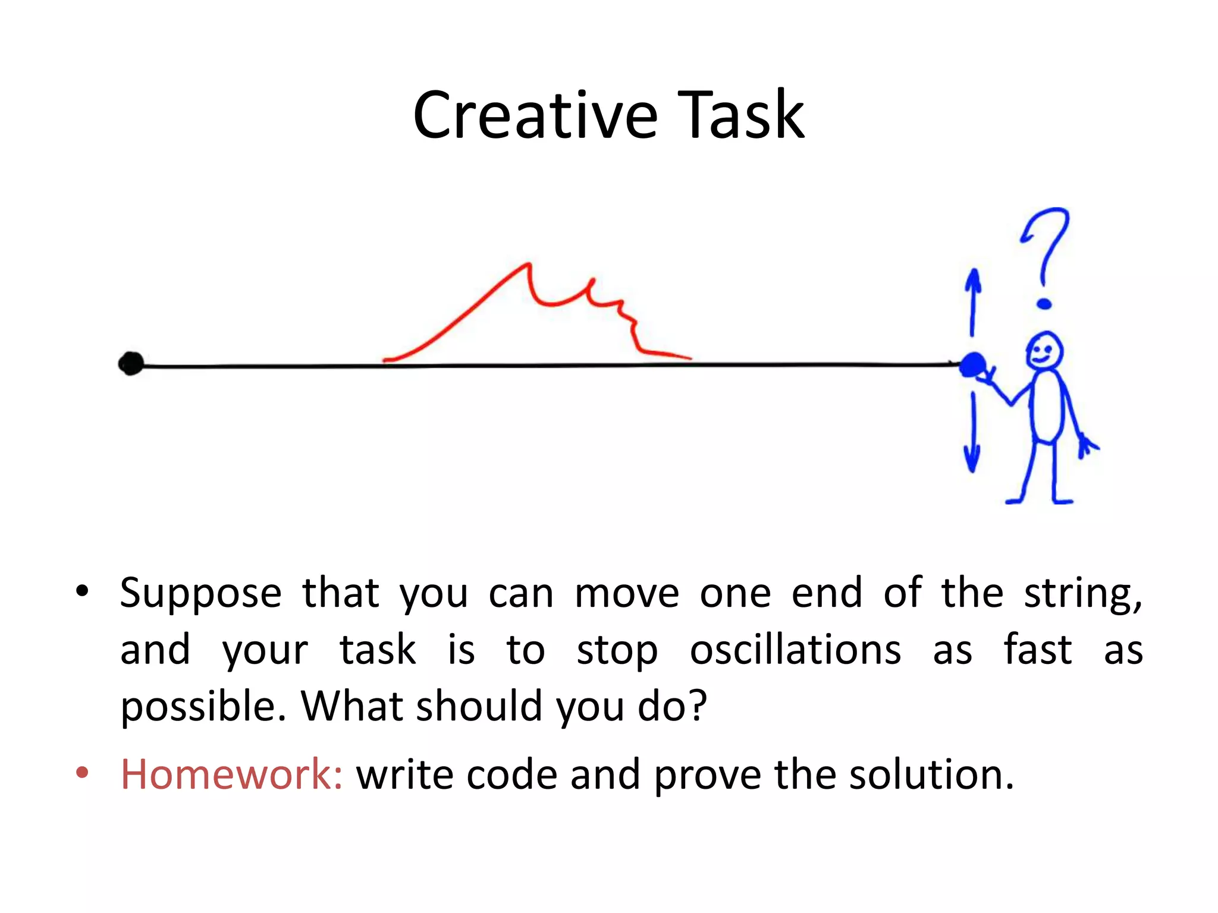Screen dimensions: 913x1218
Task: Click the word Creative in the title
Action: [535, 116]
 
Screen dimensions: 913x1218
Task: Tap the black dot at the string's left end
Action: [131, 363]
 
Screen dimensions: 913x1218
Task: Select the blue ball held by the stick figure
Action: [973, 364]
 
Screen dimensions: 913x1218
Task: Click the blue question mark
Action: [1046, 256]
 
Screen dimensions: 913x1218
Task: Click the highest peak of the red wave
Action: [527, 265]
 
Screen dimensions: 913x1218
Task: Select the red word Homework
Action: [231, 775]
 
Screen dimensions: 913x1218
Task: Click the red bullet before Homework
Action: [82, 773]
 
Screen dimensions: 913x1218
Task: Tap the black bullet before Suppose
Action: [82, 591]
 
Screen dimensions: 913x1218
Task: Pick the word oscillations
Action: [795, 650]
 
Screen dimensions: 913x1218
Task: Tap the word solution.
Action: [931, 775]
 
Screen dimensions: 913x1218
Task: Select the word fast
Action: [1038, 650]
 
